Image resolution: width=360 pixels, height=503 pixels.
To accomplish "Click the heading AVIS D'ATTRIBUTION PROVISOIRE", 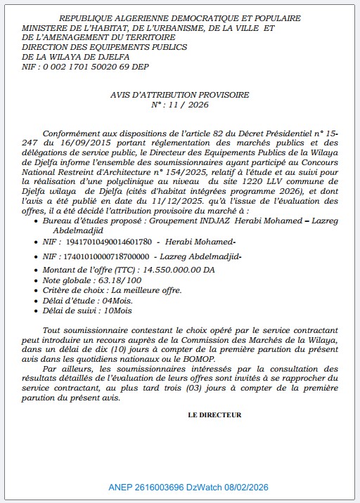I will pos(179,94).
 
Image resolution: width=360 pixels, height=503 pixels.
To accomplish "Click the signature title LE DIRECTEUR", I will pos(214,414).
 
